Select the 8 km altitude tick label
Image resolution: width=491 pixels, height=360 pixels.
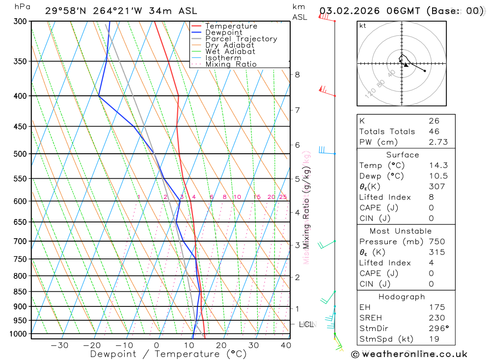pyautogui.click(x=297, y=75)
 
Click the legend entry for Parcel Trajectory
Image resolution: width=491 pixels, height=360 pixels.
pyautogui.click(x=241, y=39)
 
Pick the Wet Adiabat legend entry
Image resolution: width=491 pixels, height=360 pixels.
pyautogui.click(x=230, y=52)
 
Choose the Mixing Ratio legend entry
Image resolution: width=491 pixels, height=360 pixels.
pyautogui.click(x=231, y=64)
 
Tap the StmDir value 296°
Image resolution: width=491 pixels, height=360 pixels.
pyautogui.click(x=438, y=329)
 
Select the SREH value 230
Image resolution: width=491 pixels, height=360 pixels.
pyautogui.click(x=436, y=318)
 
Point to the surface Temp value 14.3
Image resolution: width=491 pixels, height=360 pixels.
pyautogui.click(x=438, y=166)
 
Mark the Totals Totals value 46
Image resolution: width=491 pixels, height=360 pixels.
pyautogui.click(x=434, y=132)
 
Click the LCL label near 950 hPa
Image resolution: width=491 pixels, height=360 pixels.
pyautogui.click(x=306, y=324)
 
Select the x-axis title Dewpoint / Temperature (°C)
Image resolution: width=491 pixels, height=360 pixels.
pyautogui.click(x=168, y=354)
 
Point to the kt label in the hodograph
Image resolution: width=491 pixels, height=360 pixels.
pyautogui.click(x=363, y=26)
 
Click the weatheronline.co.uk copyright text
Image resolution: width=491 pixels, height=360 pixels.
pyautogui.click(x=409, y=354)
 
